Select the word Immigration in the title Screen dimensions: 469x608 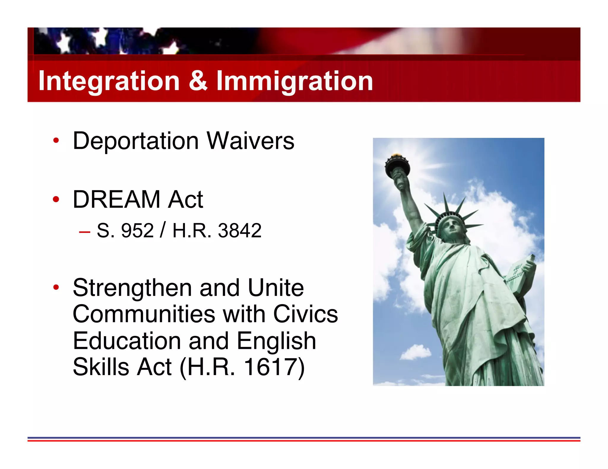click(x=294, y=81)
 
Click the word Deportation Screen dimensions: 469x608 click(x=136, y=141)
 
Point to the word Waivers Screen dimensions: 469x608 click(x=250, y=141)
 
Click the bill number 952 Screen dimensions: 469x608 click(x=137, y=230)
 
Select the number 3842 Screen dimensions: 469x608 click(x=240, y=230)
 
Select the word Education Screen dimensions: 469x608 click(x=127, y=341)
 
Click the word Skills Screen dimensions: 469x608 click(x=101, y=367)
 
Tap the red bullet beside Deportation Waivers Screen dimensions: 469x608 click(x=56, y=141)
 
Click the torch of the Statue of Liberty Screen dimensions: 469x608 click(x=397, y=166)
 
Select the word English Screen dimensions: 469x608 click(x=276, y=341)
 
